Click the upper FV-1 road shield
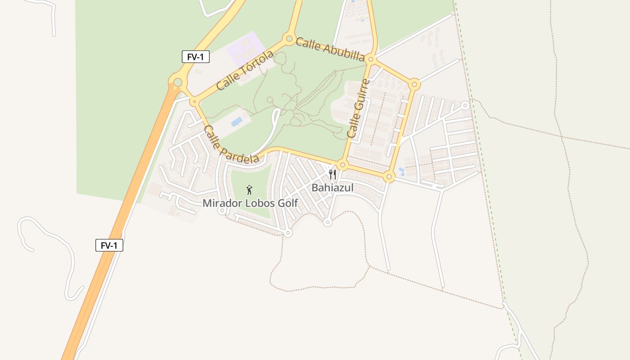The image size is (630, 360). coord(196,57)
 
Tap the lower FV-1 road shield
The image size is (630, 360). coord(109,245)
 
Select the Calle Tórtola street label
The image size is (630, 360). coord(245,70)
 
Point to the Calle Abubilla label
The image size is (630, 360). coord(330,49)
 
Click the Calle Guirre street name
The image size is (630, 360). coord(358,108)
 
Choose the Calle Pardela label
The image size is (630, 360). coord(231,144)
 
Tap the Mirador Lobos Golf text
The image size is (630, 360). coord(250,203)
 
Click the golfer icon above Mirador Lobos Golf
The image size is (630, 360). coord(249,190)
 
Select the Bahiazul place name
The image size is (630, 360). coord(333,188)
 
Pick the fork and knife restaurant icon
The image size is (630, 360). coord(333,175)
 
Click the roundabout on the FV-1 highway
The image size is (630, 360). coord(178,82)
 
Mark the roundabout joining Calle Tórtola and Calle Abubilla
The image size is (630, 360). coord(288,39)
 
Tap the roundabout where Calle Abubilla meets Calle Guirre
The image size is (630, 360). coord(371,59)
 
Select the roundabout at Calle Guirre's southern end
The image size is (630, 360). coord(342,165)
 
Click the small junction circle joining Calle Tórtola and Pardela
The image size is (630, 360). coord(194,102)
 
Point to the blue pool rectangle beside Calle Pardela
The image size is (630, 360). coord(236,121)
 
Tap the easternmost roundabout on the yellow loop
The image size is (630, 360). coord(415,84)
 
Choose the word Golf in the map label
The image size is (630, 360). coord(288,203)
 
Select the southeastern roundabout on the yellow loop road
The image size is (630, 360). coord(390,176)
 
